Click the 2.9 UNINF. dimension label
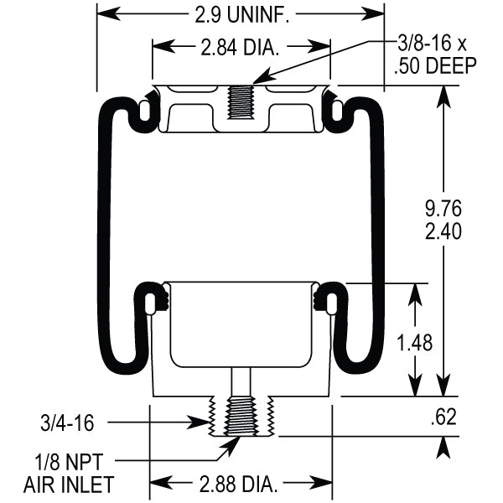click(241, 13)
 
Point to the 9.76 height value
click(443, 207)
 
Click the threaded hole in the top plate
click(241, 101)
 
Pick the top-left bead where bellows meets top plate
click(148, 106)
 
